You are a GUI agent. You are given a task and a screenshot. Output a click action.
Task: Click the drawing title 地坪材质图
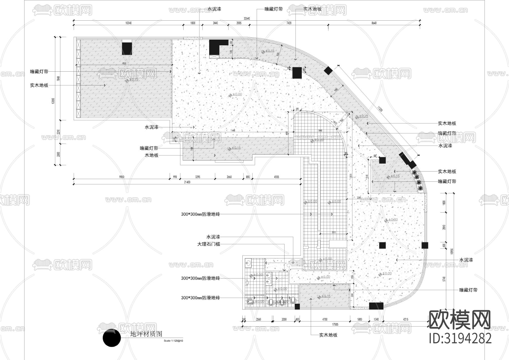click(x=146, y=334)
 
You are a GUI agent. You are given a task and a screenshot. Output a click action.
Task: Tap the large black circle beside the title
click(x=112, y=338)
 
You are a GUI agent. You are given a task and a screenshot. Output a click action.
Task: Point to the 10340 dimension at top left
click(x=128, y=23)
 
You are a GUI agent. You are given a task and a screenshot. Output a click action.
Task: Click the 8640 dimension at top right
click(x=374, y=23)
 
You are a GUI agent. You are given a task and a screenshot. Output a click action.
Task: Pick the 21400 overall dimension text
click(x=187, y=182)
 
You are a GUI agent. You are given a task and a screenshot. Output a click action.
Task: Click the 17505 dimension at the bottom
click(x=335, y=325)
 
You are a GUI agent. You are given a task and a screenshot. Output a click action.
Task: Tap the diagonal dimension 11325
click(x=380, y=109)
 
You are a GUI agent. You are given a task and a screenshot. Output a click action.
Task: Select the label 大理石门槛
click(x=209, y=244)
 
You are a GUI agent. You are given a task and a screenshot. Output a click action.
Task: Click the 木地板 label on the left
click(x=152, y=155)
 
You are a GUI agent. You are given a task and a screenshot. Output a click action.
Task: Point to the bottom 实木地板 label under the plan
click(x=328, y=335)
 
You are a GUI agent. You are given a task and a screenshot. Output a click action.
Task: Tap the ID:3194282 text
click(x=460, y=338)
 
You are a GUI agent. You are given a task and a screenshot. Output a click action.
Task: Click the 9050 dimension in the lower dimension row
click(x=121, y=177)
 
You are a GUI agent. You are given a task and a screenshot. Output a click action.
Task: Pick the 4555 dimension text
click(x=276, y=177)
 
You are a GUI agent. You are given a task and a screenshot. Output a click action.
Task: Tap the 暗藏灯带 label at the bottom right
click(x=468, y=290)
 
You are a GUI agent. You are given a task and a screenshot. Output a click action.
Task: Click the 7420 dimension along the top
click(x=289, y=23)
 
